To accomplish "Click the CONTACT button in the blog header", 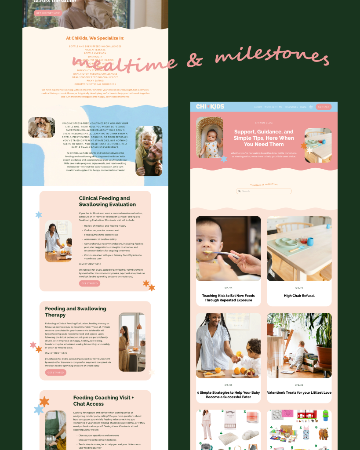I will pos(323,107).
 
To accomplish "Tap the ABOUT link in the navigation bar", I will pos(258,107).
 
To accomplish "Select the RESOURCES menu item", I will pos(291,107).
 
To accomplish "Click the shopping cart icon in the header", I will pos(311,107).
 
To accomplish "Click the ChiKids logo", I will pos(210,106).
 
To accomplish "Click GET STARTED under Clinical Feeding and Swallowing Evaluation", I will pos(90,283).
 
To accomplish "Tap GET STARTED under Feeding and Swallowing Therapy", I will pos(55,373).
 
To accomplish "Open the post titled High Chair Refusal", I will pos(299,296).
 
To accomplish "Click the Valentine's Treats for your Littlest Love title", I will pos(299,392).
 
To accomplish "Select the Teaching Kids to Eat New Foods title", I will pos(228,298).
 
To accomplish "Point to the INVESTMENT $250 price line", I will pos(93,264).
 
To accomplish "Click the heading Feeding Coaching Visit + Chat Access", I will pos(103,401).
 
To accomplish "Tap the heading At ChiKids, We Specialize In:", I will pos(95,38).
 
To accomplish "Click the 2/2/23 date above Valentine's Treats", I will pos(299,385).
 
